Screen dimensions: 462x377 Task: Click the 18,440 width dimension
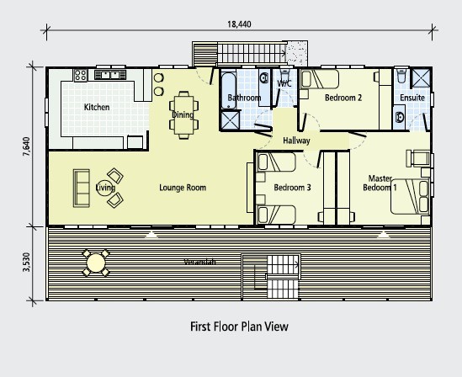pos(239,24)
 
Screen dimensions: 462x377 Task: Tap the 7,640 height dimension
pos(27,146)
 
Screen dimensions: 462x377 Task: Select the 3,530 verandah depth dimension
pos(27,263)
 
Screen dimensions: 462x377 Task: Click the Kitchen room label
pos(97,107)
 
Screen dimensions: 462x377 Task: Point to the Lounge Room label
pos(183,188)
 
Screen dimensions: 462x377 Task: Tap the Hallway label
pos(296,141)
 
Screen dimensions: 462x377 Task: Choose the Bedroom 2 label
pos(343,98)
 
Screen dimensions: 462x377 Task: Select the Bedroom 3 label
pos(292,188)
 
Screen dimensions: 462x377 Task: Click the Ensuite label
pos(412,98)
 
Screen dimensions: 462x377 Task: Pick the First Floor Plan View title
pos(239,327)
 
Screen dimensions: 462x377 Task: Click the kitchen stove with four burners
pos(81,75)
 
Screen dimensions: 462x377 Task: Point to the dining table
pos(183,114)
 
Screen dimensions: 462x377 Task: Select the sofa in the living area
pos(82,188)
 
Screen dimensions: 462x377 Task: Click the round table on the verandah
pos(96,263)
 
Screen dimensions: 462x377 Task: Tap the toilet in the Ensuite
pos(401,76)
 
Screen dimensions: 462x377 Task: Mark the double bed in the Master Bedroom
pos(410,196)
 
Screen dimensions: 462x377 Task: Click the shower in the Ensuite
pos(421,77)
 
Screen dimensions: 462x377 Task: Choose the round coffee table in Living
pos(105,188)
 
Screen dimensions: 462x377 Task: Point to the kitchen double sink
pos(110,75)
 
